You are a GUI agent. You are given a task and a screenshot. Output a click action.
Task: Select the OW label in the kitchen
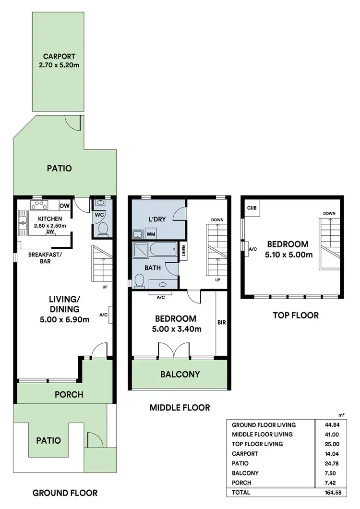click(x=64, y=206)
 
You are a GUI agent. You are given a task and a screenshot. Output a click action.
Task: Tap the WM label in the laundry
click(x=151, y=234)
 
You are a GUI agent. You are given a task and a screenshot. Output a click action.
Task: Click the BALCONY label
click(x=180, y=374)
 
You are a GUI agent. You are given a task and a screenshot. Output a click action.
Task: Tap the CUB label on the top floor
click(x=252, y=208)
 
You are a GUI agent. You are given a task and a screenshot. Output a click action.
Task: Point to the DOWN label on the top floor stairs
click(x=329, y=214)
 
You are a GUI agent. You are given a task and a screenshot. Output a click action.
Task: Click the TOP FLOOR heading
click(x=295, y=315)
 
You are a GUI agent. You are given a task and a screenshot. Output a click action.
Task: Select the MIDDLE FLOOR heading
click(x=180, y=408)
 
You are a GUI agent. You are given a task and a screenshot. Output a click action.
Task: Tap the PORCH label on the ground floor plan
click(x=69, y=395)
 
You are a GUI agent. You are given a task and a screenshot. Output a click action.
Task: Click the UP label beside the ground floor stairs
click(x=104, y=287)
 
